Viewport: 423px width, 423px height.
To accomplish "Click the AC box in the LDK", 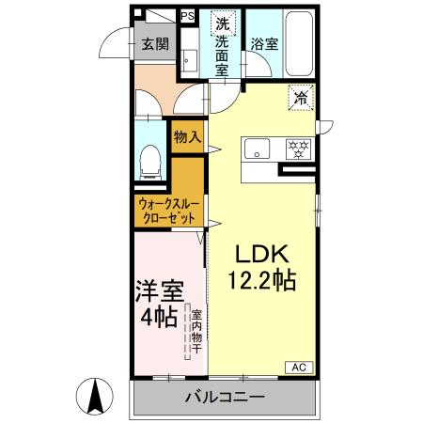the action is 299,368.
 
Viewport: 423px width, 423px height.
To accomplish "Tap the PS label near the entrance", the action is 188,16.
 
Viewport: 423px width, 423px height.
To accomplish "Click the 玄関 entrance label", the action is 155,44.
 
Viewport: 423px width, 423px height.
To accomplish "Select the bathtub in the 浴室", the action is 299,43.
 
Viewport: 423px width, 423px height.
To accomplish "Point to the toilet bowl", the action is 150,163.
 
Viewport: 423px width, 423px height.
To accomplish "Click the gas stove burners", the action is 298,149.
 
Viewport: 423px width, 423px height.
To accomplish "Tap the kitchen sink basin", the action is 257,149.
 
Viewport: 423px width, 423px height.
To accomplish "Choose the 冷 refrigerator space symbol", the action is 301,98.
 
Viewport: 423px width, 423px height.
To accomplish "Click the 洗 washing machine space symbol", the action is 223,23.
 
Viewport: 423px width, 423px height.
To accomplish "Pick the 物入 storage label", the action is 187,137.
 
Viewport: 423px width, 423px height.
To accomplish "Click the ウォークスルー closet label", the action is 169,205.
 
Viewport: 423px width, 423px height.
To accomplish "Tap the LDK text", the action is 262,254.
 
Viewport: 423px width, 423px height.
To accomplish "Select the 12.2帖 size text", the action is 262,280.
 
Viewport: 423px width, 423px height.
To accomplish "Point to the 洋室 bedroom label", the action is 160,291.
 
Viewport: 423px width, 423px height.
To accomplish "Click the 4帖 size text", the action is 159,318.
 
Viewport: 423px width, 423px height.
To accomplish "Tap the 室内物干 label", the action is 196,332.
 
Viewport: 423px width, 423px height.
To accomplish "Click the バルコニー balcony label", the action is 226,398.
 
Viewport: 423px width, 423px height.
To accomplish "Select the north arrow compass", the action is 95,396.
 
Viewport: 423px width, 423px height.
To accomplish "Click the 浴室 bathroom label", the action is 264,44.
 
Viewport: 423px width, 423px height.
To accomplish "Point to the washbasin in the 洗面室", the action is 190,60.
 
